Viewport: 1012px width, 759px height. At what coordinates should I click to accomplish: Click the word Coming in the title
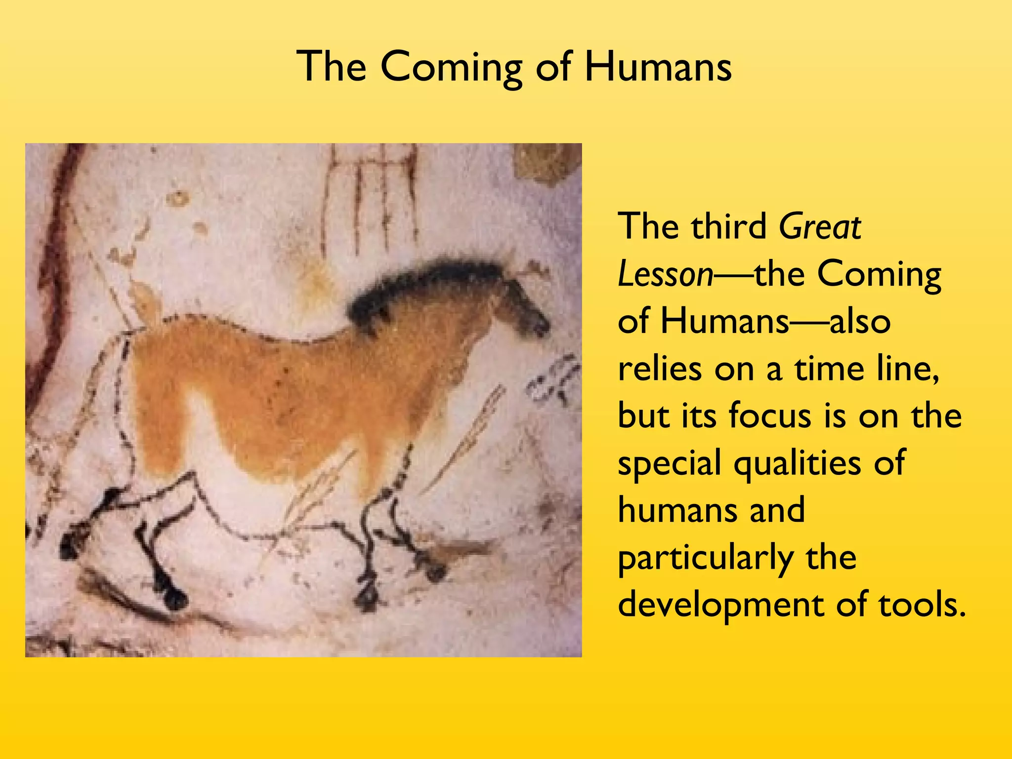point(451,68)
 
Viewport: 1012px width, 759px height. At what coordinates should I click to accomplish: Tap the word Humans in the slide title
point(658,67)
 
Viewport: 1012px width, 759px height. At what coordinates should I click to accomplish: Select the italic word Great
point(820,227)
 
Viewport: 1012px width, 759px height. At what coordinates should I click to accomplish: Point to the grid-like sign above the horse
point(371,198)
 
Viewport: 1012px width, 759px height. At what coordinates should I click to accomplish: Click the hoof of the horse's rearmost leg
point(69,546)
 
